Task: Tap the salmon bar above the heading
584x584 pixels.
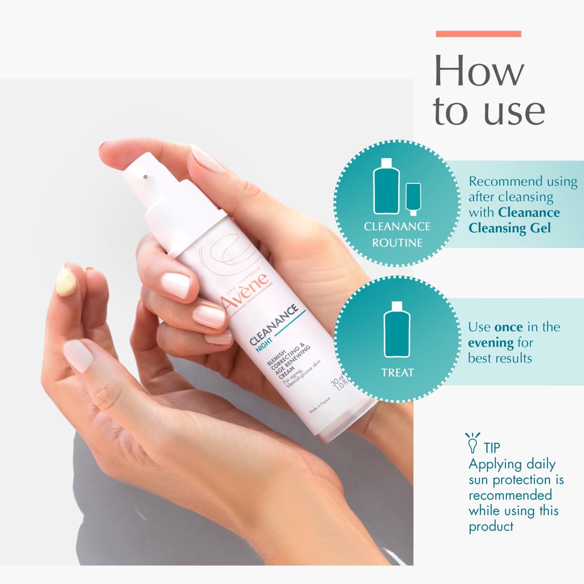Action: [478, 34]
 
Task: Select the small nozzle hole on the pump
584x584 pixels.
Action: [145, 177]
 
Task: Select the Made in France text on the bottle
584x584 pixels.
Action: [319, 405]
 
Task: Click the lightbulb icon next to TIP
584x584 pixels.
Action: [473, 443]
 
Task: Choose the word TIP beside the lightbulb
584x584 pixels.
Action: [492, 448]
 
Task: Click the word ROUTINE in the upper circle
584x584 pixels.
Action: [397, 243]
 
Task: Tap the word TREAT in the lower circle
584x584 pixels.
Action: [397, 373]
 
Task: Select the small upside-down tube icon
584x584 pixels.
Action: [413, 199]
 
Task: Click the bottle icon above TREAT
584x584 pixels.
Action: [397, 329]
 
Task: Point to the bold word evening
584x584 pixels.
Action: [491, 343]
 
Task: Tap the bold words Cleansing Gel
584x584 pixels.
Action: [510, 228]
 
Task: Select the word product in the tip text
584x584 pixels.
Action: [491, 527]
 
